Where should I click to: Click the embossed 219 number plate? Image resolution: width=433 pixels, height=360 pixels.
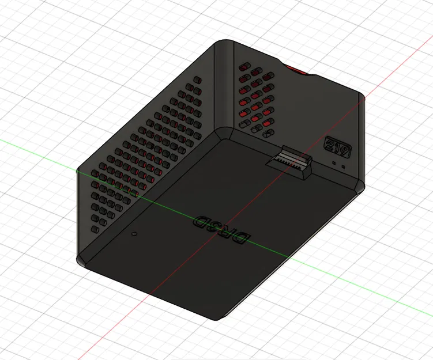point(338,147)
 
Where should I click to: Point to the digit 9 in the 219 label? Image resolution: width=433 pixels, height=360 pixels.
point(344,151)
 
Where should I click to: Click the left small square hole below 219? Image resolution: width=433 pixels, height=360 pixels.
point(335,162)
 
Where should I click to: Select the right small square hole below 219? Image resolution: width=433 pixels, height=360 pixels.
point(344,166)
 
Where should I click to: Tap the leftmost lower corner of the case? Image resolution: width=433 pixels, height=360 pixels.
point(81,260)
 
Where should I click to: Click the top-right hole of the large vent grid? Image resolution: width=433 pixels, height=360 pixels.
point(198,79)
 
